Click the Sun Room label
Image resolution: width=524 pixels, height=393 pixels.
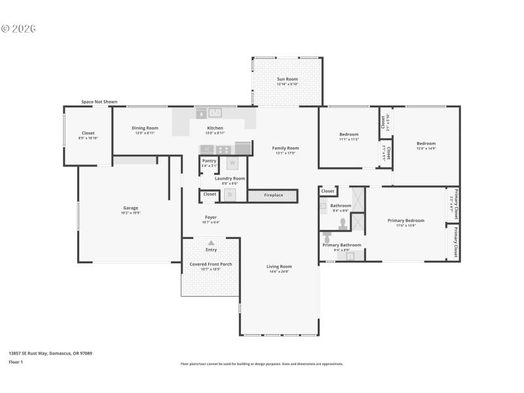(x=288, y=79)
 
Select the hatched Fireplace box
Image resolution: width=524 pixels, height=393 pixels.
(x=273, y=195)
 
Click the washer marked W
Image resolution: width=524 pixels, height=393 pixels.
(x=231, y=164)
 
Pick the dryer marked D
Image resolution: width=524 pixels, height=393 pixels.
(x=230, y=195)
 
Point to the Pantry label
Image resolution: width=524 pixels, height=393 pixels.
(x=209, y=160)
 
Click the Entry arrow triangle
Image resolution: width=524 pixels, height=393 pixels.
(x=211, y=243)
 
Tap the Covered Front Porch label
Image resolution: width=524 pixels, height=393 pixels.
(x=211, y=264)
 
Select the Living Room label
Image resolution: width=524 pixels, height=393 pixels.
(x=279, y=267)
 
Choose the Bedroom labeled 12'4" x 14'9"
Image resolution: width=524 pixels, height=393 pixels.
(x=426, y=143)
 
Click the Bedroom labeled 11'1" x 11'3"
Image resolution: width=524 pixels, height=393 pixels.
(x=348, y=134)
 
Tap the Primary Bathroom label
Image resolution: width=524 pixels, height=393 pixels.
(x=342, y=245)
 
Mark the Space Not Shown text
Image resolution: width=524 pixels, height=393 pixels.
(x=100, y=102)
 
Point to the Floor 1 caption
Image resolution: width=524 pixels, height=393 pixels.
(x=16, y=362)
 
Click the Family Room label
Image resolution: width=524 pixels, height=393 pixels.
(x=286, y=148)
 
